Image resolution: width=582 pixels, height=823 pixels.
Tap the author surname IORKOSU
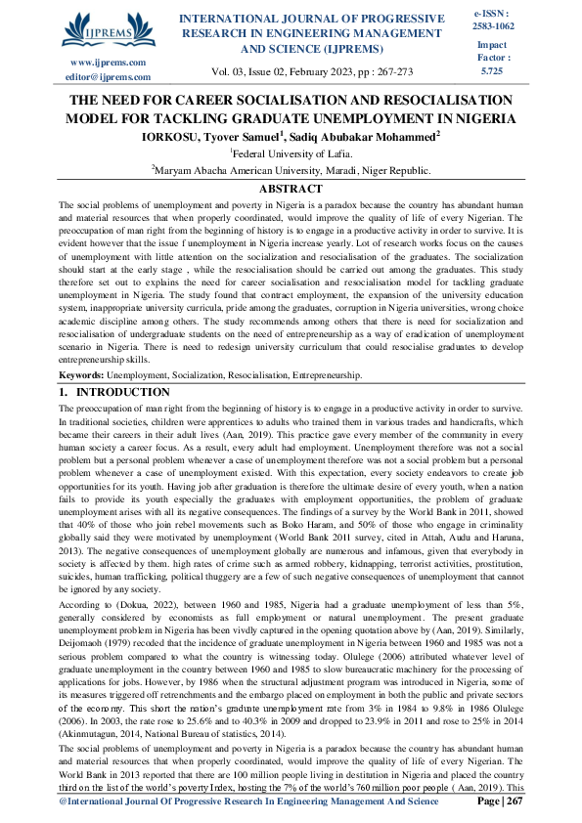point(172,137)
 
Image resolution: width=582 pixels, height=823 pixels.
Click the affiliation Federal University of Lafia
point(291,153)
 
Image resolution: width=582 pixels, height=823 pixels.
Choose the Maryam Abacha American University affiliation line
point(291,170)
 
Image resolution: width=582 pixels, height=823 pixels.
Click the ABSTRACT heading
point(291,189)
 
